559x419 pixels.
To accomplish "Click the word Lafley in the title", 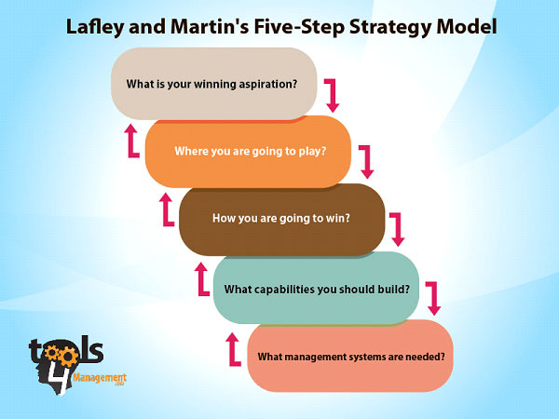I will tap(98, 26).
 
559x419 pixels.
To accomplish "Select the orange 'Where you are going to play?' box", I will tap(249, 151).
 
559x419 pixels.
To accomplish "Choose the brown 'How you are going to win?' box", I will tap(280, 219).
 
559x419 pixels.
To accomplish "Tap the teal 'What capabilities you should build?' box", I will tap(317, 288).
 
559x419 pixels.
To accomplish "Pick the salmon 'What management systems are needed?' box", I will tap(349, 356).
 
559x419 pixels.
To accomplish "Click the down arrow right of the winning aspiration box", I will tap(332, 94).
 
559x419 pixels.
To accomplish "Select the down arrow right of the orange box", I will tap(366, 161).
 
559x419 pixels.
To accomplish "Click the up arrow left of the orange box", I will tap(131, 140).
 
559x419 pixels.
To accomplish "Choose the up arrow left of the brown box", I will tap(167, 209).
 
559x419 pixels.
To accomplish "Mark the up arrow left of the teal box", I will tap(200, 277).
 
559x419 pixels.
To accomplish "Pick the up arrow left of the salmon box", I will tap(234, 346).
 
